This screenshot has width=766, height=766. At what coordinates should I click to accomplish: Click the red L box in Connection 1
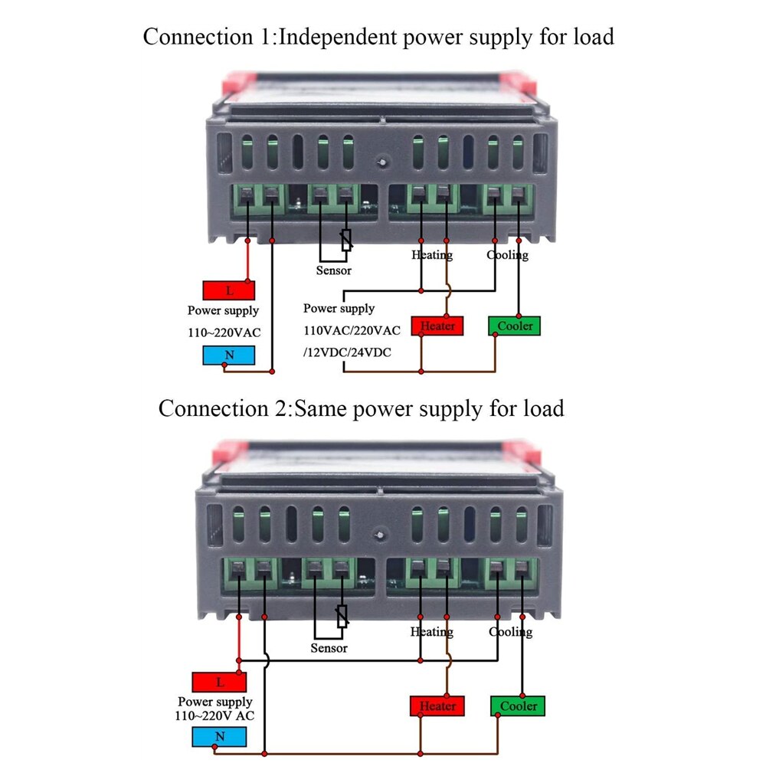click(x=228, y=290)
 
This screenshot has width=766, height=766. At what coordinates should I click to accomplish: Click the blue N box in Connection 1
click(x=228, y=355)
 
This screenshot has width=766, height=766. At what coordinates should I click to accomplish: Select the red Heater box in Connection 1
click(x=437, y=326)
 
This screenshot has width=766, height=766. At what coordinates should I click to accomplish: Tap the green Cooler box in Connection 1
click(x=514, y=326)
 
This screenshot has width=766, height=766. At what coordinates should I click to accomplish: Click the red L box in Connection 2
click(x=219, y=682)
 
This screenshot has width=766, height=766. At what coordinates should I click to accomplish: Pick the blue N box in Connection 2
click(x=219, y=737)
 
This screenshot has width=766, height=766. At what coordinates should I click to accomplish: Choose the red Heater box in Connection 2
click(x=437, y=705)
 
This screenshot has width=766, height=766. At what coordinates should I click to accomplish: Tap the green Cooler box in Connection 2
click(x=518, y=705)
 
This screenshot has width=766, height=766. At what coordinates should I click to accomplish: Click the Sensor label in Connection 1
click(x=333, y=270)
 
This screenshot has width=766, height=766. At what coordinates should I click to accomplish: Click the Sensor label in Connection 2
click(x=329, y=648)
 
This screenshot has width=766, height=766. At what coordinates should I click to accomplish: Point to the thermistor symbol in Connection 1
click(x=346, y=240)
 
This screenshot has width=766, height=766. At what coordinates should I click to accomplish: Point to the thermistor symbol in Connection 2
click(x=342, y=615)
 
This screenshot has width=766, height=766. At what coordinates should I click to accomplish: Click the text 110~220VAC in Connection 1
click(x=224, y=333)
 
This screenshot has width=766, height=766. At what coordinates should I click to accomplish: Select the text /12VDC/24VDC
click(x=347, y=352)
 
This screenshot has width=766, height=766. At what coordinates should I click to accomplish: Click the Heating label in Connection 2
click(x=431, y=632)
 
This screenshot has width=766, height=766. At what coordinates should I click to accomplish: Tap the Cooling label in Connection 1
click(x=507, y=255)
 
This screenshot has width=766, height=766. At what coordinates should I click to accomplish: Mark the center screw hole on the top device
click(x=381, y=162)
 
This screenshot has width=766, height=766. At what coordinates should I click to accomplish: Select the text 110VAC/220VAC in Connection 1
click(x=352, y=330)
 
